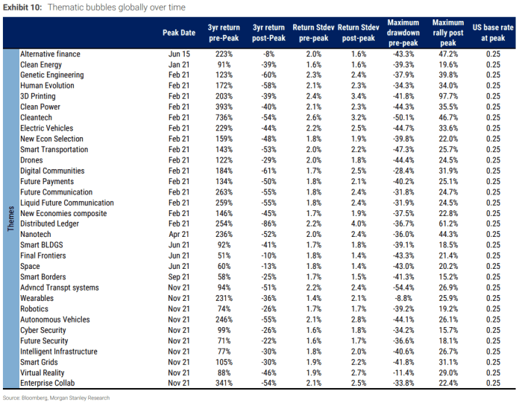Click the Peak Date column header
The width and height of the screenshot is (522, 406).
point(179,33)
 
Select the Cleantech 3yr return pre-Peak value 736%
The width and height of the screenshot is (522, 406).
point(224,118)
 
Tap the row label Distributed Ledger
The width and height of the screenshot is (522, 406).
point(50,223)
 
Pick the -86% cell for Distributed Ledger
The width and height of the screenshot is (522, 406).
point(268,223)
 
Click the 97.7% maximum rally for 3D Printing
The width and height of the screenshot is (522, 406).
point(448,96)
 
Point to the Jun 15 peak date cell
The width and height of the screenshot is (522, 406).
point(179,54)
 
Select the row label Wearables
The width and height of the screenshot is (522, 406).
point(37,298)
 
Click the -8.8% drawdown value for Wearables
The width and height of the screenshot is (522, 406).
point(403,298)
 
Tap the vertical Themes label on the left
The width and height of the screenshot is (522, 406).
point(11,218)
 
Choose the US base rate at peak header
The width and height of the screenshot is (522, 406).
point(493,33)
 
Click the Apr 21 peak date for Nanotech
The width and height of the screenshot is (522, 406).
point(179,235)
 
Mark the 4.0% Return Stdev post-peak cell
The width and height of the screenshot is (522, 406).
point(359,223)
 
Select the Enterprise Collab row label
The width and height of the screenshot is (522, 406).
point(47,383)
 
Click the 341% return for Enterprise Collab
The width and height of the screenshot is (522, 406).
point(224,383)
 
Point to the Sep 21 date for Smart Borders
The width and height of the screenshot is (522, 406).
point(179,277)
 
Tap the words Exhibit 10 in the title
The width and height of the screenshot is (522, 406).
point(22,7)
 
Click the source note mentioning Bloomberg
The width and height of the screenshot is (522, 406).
point(56,398)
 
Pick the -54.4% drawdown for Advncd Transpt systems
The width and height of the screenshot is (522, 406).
point(403,288)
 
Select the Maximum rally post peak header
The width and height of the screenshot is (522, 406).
point(448,33)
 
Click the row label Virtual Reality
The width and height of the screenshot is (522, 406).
point(42,372)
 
